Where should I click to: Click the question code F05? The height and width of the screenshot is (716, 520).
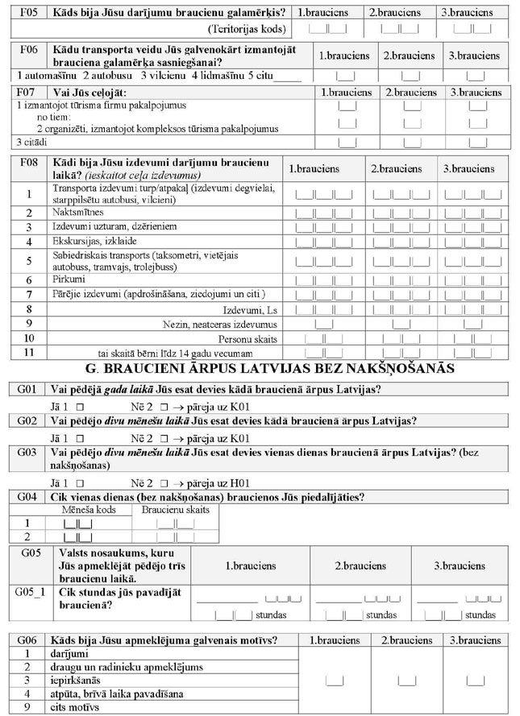pos(27,13)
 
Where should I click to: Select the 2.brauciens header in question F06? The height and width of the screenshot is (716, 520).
pos(409,56)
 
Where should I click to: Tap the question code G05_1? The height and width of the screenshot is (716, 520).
pos(29,592)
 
